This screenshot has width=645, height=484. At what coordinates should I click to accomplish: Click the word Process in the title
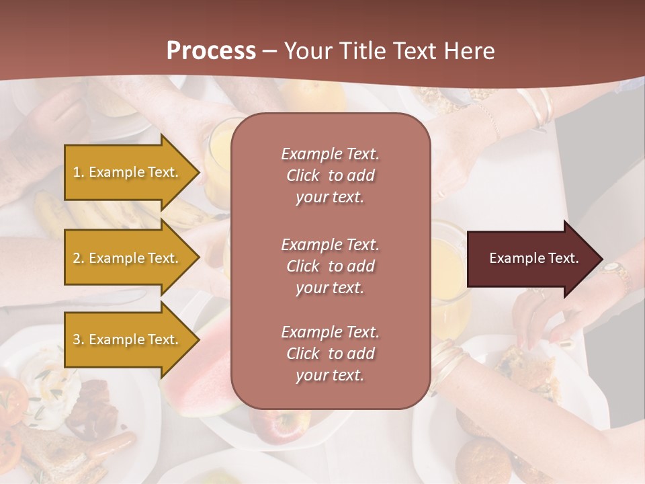coord(211,51)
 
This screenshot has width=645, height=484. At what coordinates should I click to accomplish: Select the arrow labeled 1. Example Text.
coord(128,172)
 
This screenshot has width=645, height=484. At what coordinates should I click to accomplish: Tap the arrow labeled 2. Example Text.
coord(128,258)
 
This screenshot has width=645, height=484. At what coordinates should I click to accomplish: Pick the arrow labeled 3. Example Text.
coord(128,339)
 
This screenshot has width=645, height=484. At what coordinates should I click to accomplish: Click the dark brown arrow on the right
coord(531,259)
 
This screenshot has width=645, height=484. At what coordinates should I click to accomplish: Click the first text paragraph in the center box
coord(330,175)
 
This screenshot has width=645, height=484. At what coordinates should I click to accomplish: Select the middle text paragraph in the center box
coord(330,266)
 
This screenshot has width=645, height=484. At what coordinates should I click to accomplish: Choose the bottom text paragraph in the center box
coord(330,354)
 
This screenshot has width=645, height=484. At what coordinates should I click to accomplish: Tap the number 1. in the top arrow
coord(79,172)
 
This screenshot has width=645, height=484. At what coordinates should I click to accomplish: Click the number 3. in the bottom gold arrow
coord(79,339)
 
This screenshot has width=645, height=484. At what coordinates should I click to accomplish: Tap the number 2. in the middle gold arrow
coord(79,258)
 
